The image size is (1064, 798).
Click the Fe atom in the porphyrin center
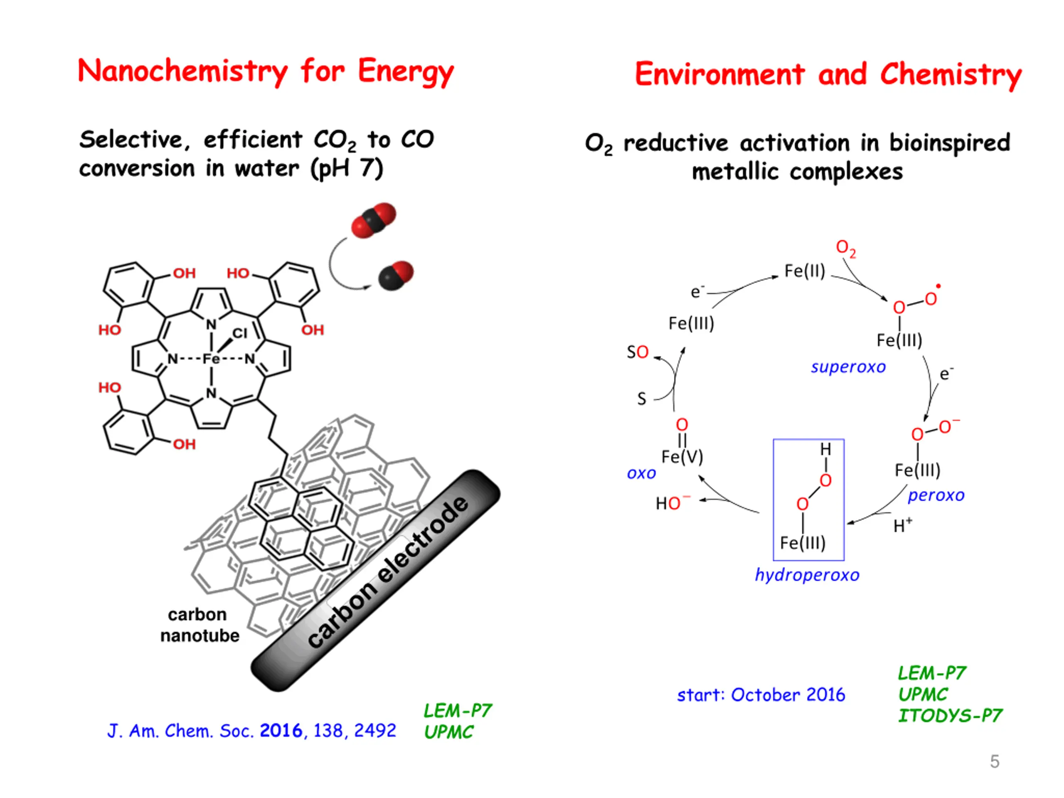pos(211,359)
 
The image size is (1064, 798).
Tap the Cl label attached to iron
pos(239,333)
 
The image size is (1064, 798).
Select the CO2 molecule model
pos(373,220)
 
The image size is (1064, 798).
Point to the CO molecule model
pos(395,276)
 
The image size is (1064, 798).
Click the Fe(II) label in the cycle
pos(804,271)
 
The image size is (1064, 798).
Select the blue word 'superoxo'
pos(848,367)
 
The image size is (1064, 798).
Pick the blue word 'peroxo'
pos(936,495)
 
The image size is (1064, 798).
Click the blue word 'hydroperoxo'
pos(807,575)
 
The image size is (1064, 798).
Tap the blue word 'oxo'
pos(641,473)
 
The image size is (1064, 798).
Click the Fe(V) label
pos(682,456)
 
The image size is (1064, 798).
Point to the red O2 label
pos(846,248)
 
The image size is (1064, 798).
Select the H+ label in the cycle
pos(902,525)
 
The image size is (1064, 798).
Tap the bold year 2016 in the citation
pos(281,731)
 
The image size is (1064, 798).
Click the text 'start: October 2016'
pos(761,695)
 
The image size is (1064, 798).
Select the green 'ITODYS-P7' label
pos(950,716)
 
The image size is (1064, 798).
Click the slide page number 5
pos(995,761)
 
